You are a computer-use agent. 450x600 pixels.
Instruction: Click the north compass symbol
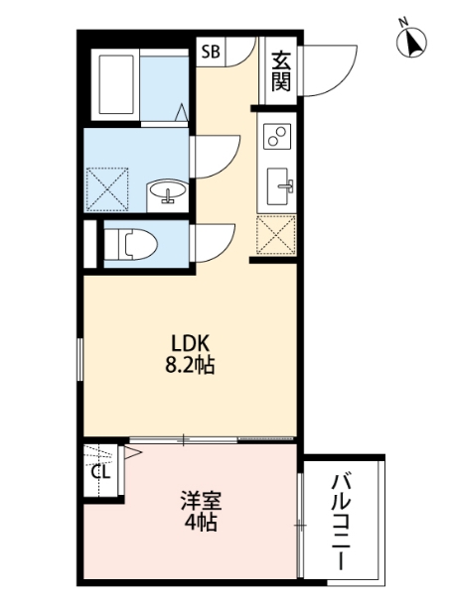[x=411, y=41]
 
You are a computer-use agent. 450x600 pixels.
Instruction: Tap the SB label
[x=212, y=53]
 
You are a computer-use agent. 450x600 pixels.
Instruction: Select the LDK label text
[x=190, y=343]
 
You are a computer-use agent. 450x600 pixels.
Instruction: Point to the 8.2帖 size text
[x=190, y=364]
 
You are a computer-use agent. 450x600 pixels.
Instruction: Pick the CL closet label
[x=100, y=472]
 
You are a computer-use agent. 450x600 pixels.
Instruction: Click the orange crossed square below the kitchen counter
[x=276, y=234]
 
